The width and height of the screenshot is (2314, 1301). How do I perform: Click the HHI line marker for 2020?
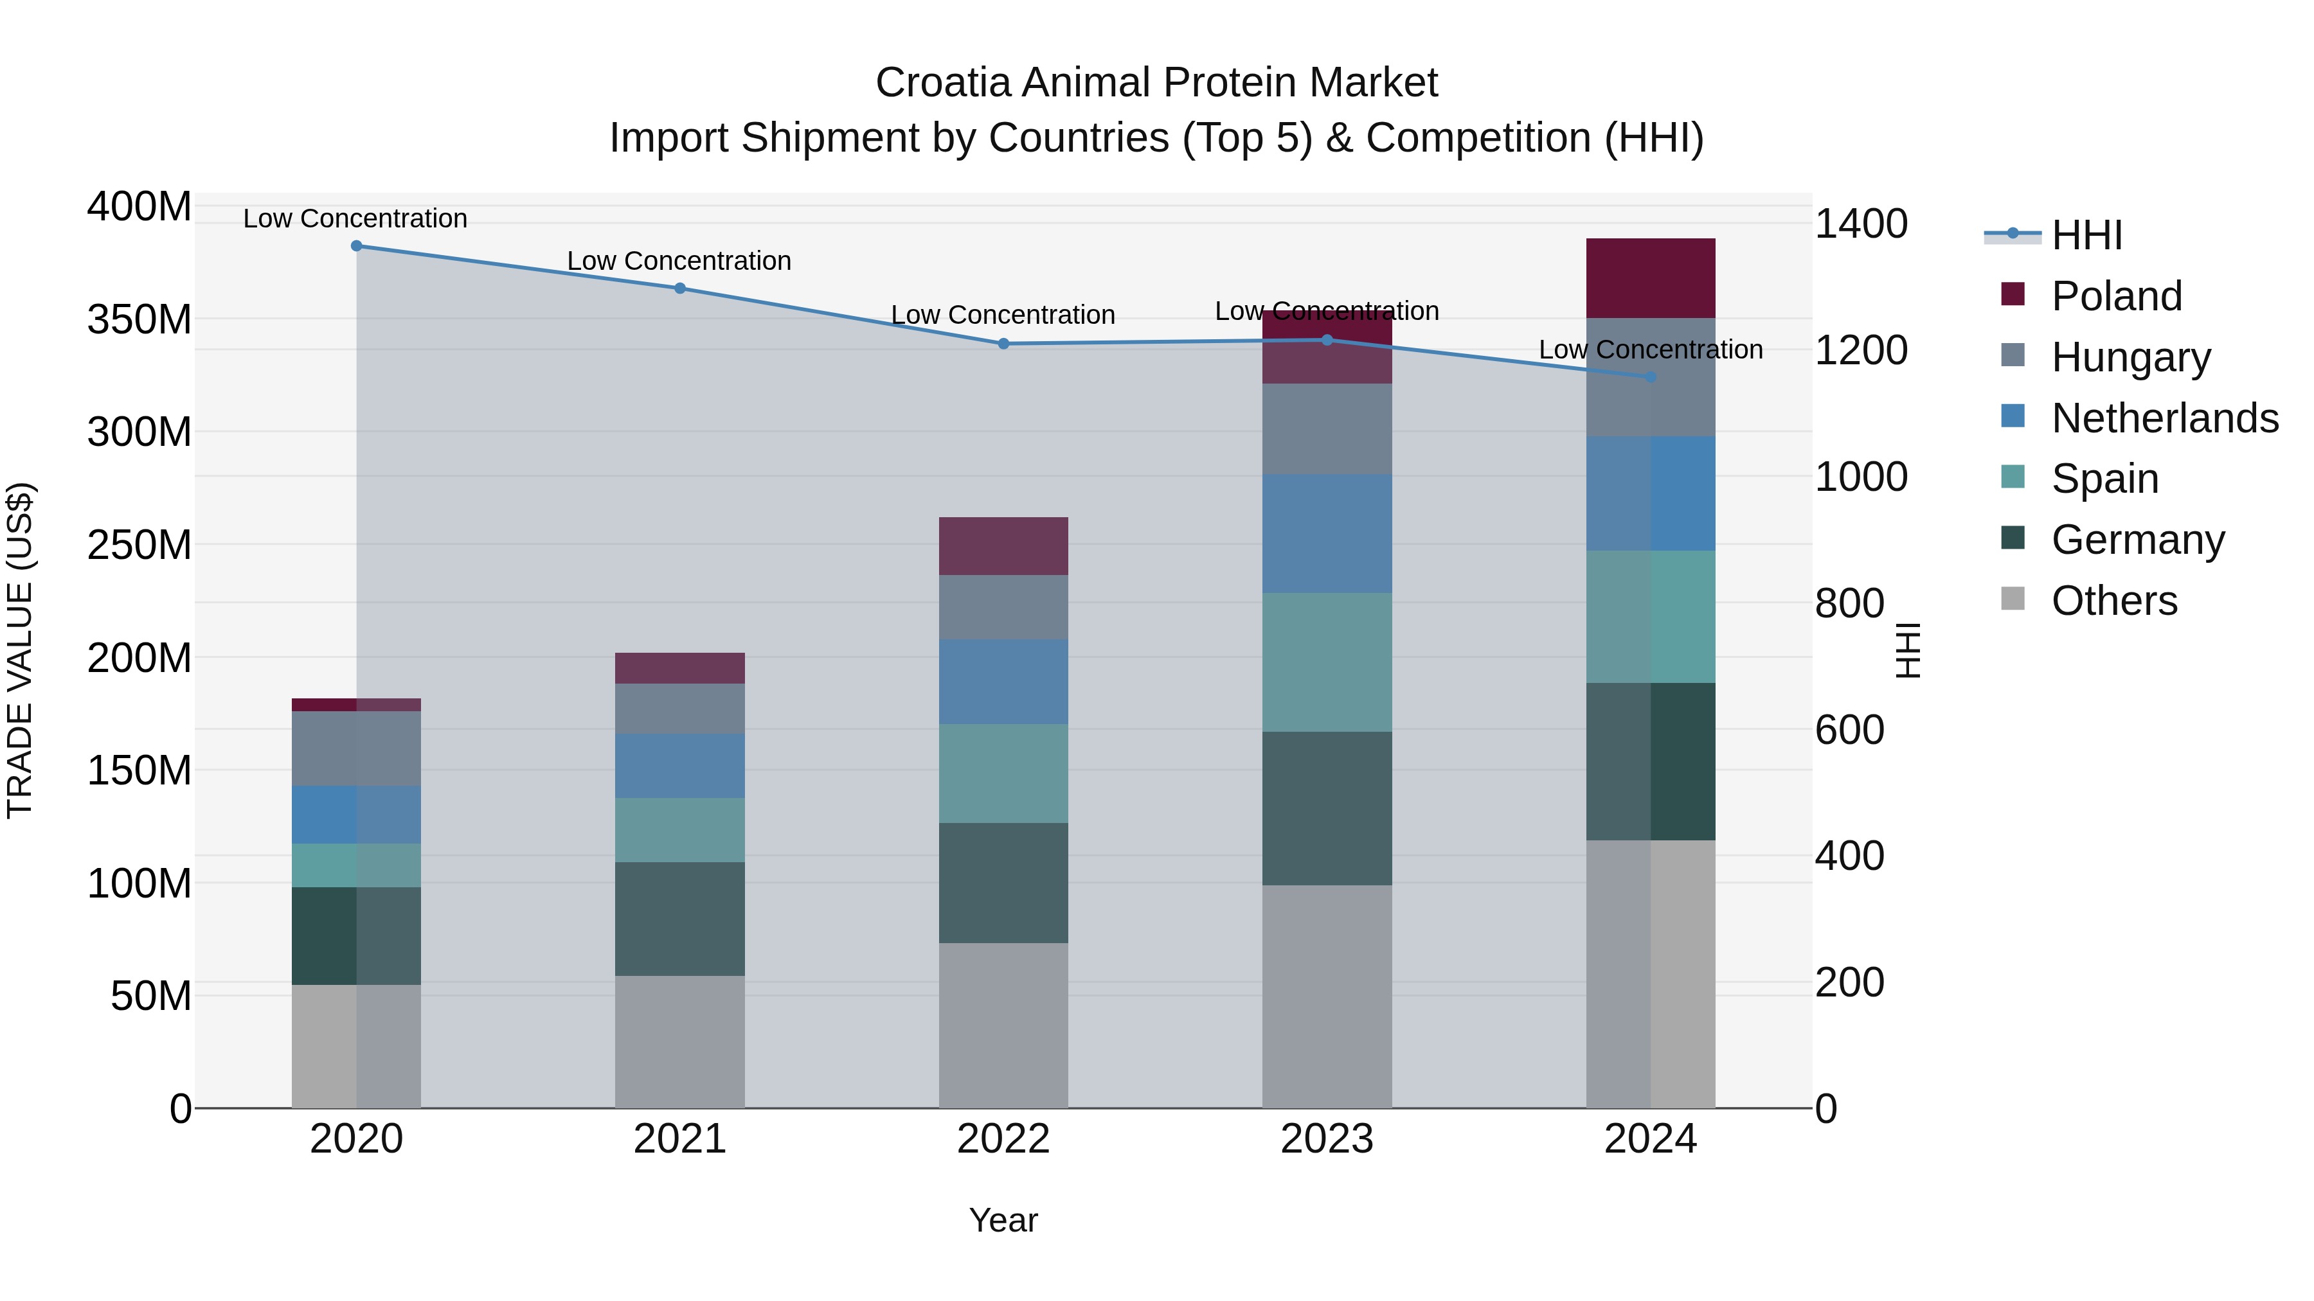[357, 245]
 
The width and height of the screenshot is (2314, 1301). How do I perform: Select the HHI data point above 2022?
[1003, 344]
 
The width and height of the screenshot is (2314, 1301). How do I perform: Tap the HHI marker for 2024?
[1650, 377]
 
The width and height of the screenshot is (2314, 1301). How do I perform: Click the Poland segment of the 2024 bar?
[1650, 278]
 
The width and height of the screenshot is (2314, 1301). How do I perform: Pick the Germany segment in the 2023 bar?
[1327, 808]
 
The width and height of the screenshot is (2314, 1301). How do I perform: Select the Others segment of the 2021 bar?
[680, 1041]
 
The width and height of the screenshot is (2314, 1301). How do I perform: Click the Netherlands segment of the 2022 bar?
[1003, 682]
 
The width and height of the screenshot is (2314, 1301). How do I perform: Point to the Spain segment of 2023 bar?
[1327, 662]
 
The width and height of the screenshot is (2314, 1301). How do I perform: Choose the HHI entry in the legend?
[2086, 235]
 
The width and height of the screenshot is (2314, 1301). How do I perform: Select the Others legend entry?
[2113, 601]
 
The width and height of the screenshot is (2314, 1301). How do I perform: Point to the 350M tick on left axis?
[139, 320]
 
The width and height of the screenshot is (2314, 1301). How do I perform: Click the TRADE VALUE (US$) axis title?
[20, 650]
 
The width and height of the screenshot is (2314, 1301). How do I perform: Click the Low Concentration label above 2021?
[679, 261]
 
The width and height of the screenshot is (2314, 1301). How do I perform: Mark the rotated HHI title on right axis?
[1906, 650]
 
